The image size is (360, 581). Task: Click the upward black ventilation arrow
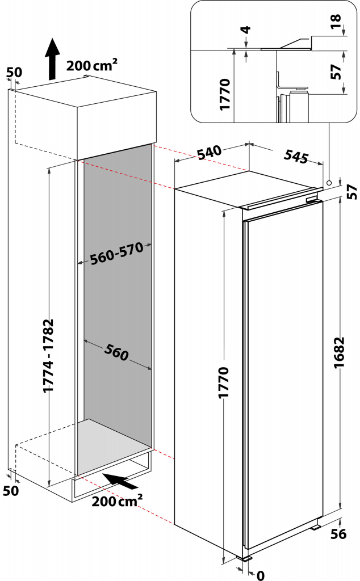coord(52,58)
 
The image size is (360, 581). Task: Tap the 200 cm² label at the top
coord(91,65)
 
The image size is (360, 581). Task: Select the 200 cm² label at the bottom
coord(117,500)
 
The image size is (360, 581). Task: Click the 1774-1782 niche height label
coord(49,355)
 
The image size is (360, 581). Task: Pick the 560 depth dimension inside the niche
coord(116,352)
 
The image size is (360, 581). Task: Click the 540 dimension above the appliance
coord(209,152)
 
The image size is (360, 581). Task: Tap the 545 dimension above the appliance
coord(296,156)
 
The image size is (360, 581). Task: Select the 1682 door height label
coord(339,352)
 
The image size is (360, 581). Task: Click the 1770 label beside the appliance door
coord(224,382)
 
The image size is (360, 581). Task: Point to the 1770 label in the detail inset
coord(225,94)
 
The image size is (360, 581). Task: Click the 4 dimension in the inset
coord(246,30)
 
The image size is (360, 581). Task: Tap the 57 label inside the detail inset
coord(336,71)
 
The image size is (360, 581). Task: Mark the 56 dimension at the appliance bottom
coord(338,534)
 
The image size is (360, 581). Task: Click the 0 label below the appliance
coord(261,575)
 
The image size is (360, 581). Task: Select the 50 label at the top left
coord(14,72)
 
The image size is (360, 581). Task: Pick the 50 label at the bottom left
coord(11,491)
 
